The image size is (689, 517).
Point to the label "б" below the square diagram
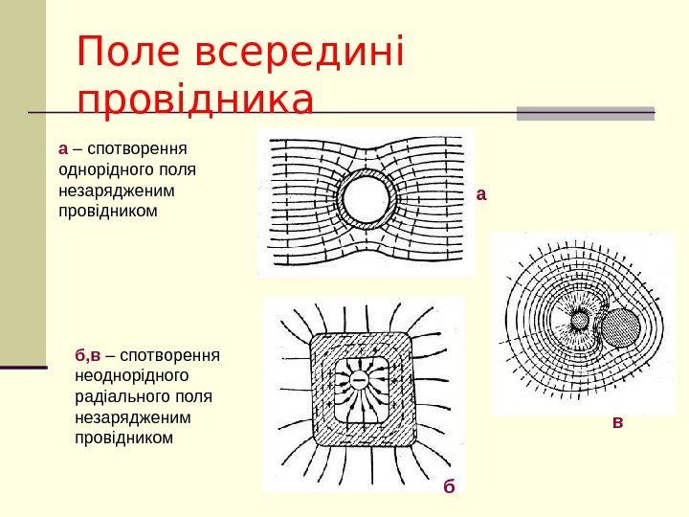click(x=449, y=486)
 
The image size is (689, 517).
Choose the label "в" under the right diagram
click(x=617, y=420)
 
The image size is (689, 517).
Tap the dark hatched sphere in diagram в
click(x=619, y=328)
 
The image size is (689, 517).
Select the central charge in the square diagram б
click(x=362, y=381)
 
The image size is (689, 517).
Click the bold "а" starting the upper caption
click(x=63, y=149)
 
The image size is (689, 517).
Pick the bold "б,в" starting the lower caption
click(x=87, y=357)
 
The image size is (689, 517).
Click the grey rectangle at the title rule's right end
click(x=585, y=113)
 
